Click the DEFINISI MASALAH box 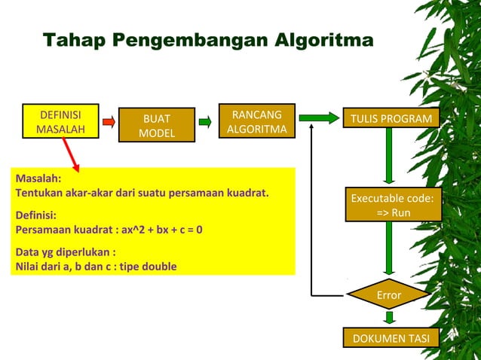[x=60, y=122]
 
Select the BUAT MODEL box [x=156, y=126]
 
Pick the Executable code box [x=393, y=205]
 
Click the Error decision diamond [x=389, y=295]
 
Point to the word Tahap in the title [x=75, y=40]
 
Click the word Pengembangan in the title [x=185, y=40]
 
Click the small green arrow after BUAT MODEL [x=204, y=121]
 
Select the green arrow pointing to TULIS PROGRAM [x=319, y=117]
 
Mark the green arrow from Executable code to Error [x=389, y=249]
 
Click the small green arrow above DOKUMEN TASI [x=389, y=319]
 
